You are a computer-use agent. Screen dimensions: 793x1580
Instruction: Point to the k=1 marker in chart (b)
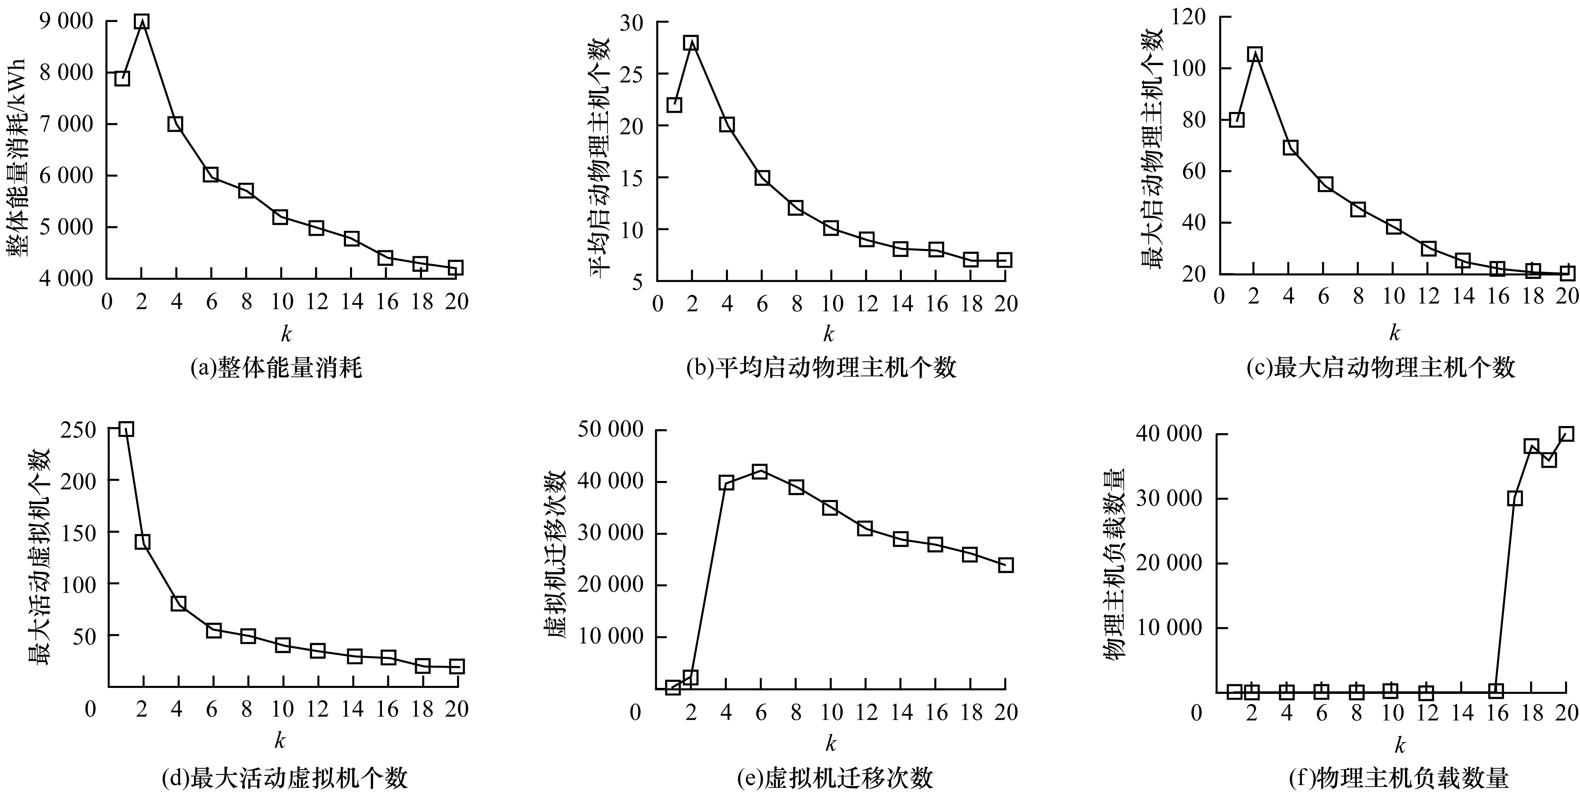tap(674, 105)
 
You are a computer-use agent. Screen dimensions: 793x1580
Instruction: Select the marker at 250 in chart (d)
tap(126, 429)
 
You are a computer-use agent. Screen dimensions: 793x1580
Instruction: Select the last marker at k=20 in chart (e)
tap(1005, 565)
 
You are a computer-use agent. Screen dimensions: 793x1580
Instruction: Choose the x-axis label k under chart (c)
tap(1394, 333)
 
